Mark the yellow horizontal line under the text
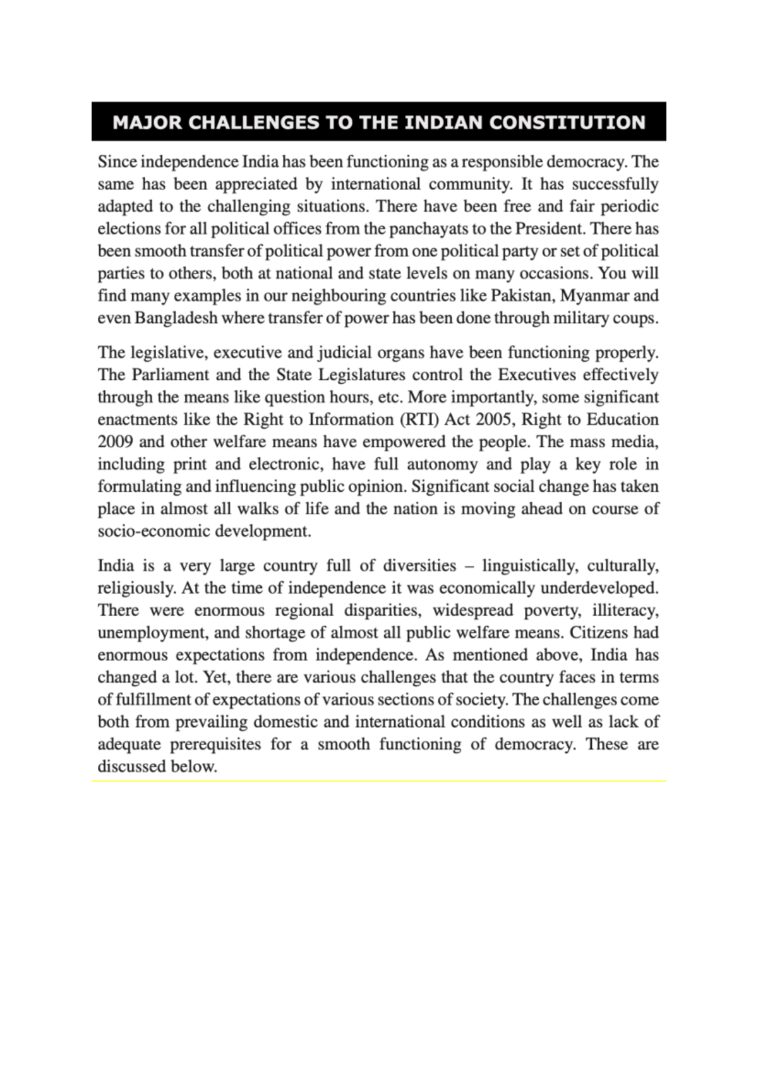click(x=379, y=781)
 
